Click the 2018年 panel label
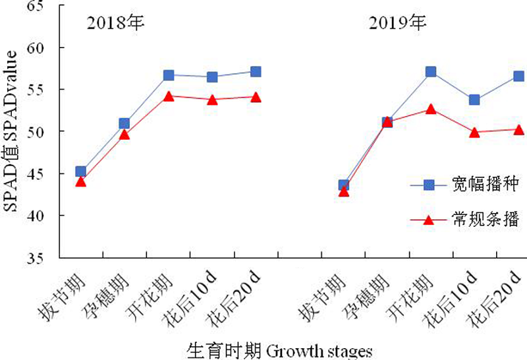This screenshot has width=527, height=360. [116, 24]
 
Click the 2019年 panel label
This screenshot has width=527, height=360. [397, 24]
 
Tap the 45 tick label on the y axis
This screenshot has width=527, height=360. [43, 174]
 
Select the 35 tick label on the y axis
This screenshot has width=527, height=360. [43, 258]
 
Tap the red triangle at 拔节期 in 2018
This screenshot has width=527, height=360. [80, 181]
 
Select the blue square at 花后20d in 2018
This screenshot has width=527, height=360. [256, 71]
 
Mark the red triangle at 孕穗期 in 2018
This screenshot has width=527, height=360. [124, 135]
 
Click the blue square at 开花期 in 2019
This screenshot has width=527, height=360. [431, 71]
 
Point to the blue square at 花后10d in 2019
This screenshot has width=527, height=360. [474, 100]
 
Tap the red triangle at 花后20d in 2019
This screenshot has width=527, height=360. [518, 129]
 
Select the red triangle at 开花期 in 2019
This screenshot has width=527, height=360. [431, 109]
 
